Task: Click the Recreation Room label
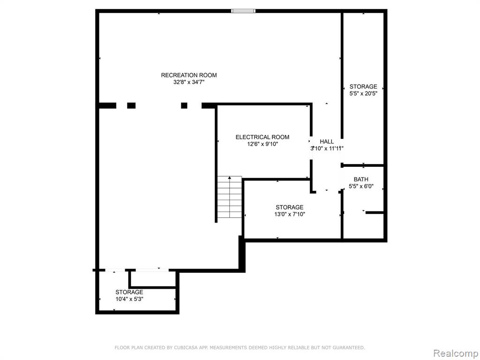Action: (x=189, y=75)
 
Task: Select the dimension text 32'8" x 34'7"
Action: (x=188, y=82)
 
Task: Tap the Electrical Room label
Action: (x=262, y=137)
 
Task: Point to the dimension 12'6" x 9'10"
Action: (x=262, y=144)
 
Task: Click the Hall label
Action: (x=327, y=142)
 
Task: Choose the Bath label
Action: (x=361, y=180)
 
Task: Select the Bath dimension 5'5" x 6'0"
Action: (x=361, y=186)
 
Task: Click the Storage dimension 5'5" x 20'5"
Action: (x=363, y=93)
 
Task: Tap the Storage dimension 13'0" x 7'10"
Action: (x=290, y=214)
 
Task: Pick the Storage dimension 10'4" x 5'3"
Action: (x=129, y=299)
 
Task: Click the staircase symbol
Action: (x=230, y=197)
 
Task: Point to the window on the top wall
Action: (x=243, y=11)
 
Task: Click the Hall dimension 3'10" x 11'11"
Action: (x=327, y=149)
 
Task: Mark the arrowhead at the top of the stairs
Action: (x=230, y=178)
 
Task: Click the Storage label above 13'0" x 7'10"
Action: (x=289, y=207)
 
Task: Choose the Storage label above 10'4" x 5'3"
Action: (x=129, y=292)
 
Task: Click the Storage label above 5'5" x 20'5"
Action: (x=363, y=87)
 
